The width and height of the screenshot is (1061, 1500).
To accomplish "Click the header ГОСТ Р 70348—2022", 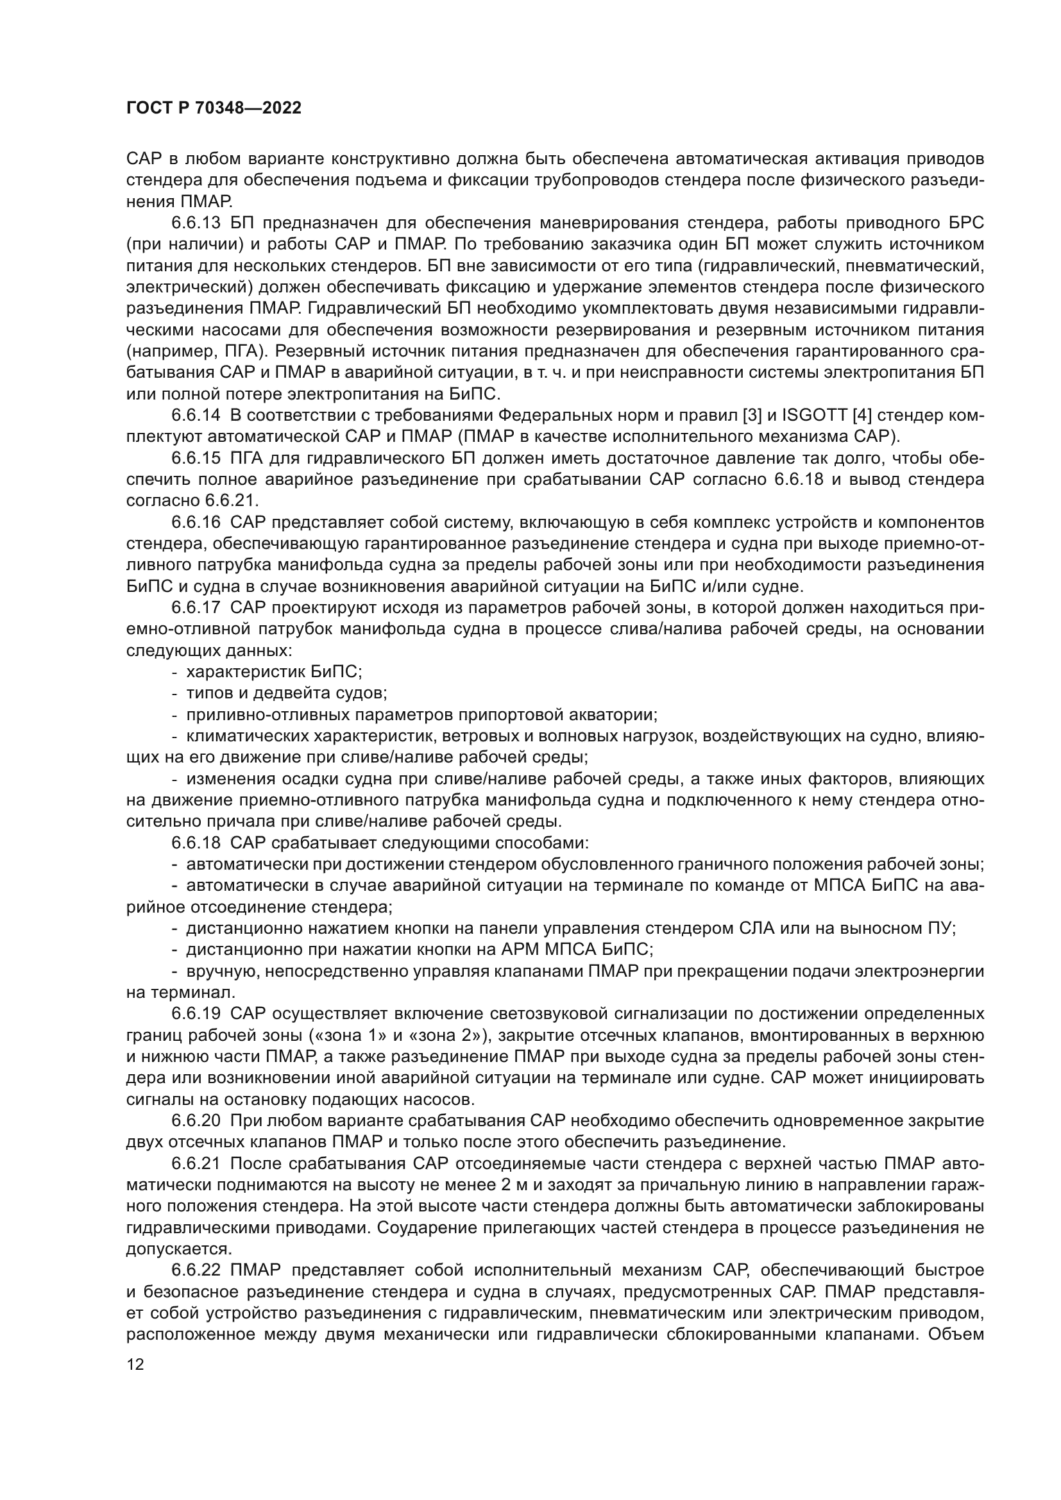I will point(214,108).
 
